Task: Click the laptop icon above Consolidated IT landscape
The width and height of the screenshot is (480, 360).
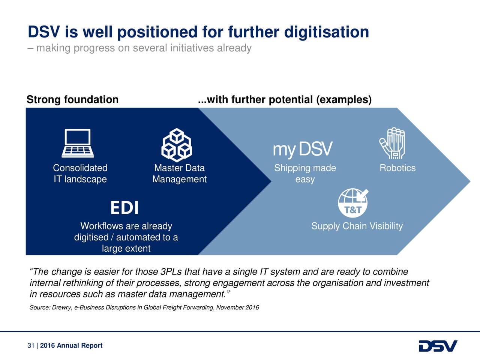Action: point(78,143)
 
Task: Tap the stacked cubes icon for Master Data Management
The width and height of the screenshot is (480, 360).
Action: point(176,145)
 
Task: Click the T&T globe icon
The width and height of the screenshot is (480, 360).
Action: point(353,203)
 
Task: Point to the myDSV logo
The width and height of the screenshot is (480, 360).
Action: point(302,149)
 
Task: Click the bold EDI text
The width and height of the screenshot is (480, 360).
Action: point(124,208)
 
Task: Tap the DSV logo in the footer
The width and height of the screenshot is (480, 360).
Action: point(438,346)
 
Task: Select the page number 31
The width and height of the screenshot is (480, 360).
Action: point(31,346)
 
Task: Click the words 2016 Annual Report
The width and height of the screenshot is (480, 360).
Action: point(71,346)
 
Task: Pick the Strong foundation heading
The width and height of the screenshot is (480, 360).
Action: point(72,100)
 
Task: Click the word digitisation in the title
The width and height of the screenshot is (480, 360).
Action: point(326,32)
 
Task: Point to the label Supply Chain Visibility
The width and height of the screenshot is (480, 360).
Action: point(357,226)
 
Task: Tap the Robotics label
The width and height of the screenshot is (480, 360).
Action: point(397,168)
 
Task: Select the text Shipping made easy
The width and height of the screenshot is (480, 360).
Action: point(305,174)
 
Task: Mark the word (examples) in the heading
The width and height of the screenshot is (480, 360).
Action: point(344,100)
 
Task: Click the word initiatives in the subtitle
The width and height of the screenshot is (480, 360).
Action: point(192,48)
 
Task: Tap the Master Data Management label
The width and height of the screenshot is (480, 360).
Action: point(179,174)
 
